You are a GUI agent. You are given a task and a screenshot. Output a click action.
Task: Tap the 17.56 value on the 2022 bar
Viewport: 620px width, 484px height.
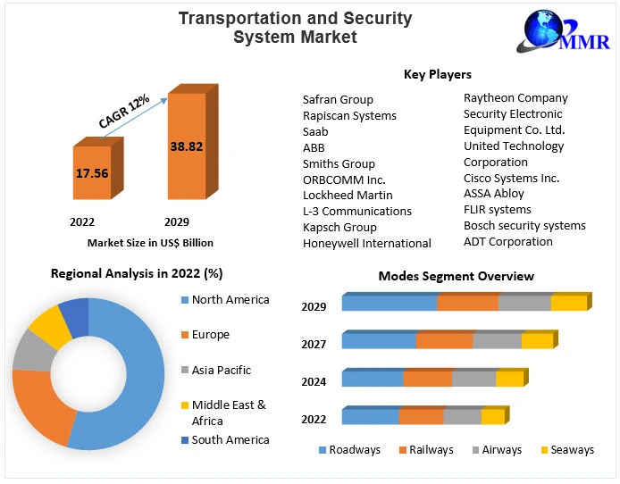coord(93,172)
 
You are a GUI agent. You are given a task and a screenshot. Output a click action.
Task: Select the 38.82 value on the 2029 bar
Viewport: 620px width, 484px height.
coord(187,145)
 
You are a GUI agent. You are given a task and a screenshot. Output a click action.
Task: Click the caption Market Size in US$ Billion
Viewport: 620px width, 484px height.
coord(150,242)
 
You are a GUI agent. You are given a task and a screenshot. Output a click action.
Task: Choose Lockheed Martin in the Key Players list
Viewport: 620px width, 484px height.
coord(348,195)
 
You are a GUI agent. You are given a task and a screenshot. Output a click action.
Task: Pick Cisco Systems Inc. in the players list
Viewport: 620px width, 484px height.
coord(511,178)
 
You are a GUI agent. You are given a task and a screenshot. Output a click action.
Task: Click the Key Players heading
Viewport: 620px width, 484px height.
coord(437,74)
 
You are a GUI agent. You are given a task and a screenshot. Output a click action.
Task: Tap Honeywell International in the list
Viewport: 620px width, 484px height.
coord(367,243)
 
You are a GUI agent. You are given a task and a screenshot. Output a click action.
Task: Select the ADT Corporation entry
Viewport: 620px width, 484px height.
coord(508,241)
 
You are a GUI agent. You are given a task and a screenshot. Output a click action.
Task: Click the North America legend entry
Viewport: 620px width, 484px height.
coord(230,299)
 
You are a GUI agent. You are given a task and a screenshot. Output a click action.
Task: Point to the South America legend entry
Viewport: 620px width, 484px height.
coord(230,439)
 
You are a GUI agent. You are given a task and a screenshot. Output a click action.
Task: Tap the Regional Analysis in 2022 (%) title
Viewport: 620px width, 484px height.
coord(137,273)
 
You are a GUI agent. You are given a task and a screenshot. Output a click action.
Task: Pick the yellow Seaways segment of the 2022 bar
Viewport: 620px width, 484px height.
coord(492,417)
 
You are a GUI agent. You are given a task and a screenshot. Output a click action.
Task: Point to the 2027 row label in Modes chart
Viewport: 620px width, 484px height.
coord(314,344)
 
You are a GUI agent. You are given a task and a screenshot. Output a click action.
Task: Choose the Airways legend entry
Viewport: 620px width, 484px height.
coord(501,449)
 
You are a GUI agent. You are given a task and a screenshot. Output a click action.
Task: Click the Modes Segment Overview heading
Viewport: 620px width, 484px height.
coord(456,276)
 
